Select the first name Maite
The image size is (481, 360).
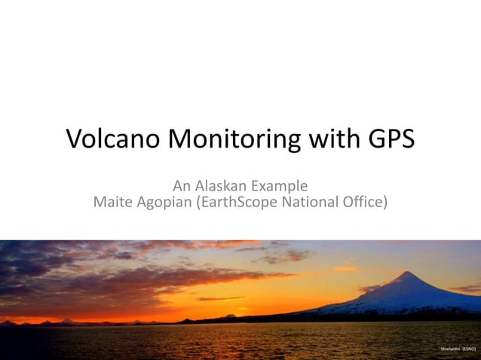(112, 202)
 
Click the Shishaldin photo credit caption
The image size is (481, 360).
(458, 350)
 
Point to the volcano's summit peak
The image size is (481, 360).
(408, 273)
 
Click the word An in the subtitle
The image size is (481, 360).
(182, 185)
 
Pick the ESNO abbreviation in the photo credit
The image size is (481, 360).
(469, 350)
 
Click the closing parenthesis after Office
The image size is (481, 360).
(385, 202)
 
